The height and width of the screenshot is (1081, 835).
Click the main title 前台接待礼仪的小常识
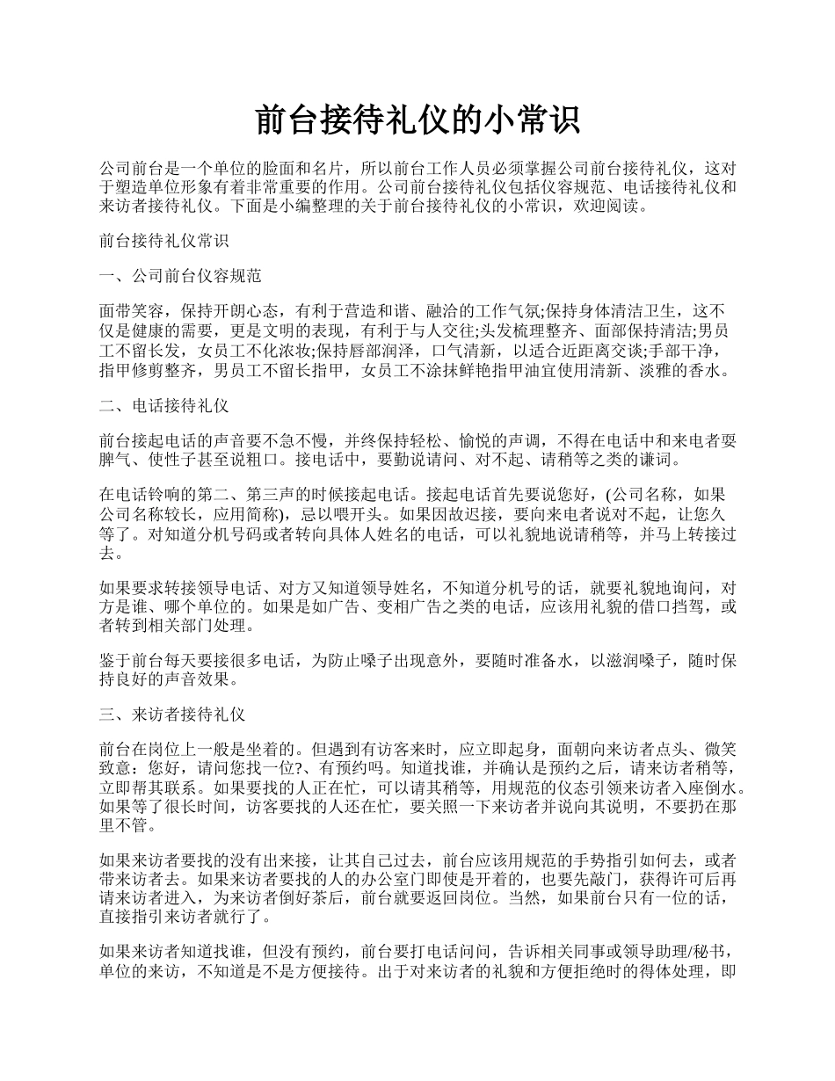click(417, 120)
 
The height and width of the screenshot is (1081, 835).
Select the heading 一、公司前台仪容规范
click(181, 276)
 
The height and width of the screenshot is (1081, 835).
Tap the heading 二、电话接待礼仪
click(165, 405)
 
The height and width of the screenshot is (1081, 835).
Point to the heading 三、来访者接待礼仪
click(173, 714)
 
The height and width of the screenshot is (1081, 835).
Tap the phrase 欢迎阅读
click(606, 208)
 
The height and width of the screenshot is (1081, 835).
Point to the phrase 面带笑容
click(132, 310)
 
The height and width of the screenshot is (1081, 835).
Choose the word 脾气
click(116, 460)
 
